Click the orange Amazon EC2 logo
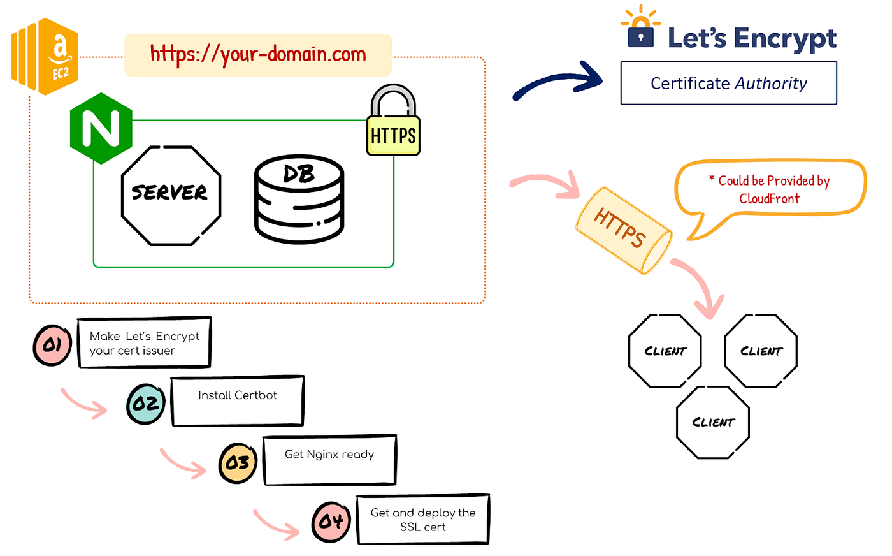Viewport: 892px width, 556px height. coord(45,56)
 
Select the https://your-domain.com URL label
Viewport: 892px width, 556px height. coord(258,54)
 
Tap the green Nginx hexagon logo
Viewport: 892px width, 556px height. coord(101,128)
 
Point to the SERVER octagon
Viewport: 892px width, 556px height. coord(170,194)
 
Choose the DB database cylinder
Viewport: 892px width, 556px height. coord(299,199)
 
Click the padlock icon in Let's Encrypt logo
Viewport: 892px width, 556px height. coord(640,33)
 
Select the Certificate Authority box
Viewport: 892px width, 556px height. coord(728,83)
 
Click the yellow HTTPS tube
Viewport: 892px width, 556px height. coord(622,230)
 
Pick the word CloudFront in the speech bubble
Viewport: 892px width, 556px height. coord(769,199)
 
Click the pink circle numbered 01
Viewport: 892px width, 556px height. coord(52,345)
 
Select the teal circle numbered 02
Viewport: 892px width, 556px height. coord(146,404)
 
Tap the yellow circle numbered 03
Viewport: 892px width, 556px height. coord(238,462)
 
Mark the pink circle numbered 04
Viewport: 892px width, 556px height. coord(331,522)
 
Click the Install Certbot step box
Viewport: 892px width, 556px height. coord(238,401)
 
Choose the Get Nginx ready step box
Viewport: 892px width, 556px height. coord(329,460)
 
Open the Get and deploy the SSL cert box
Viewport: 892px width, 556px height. coord(423,519)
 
